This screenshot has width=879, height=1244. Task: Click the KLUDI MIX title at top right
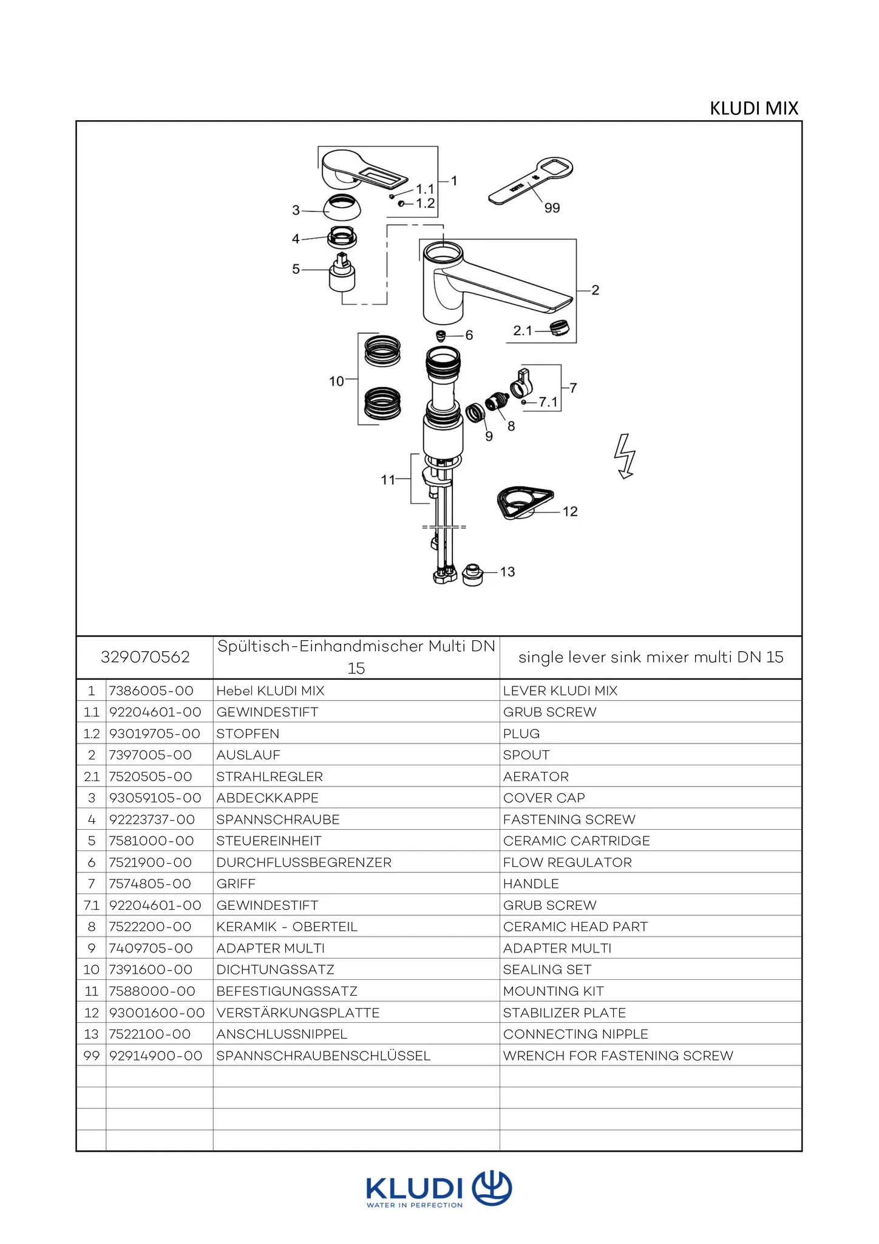click(x=753, y=108)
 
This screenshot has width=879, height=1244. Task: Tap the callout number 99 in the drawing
click(x=552, y=208)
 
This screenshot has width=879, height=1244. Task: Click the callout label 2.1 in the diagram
click(x=522, y=330)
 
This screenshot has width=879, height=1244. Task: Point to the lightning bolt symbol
click(x=625, y=456)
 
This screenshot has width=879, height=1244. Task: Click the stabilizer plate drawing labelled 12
click(x=524, y=502)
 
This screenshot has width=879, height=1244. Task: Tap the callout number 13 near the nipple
click(x=507, y=572)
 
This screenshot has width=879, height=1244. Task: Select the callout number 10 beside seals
click(x=336, y=381)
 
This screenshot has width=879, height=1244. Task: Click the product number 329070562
click(x=145, y=657)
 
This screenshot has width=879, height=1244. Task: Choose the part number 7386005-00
click(x=151, y=691)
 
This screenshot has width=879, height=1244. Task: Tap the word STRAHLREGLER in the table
click(x=270, y=776)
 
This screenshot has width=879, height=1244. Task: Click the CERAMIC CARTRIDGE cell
click(x=576, y=841)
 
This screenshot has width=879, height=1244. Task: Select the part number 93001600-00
click(x=157, y=1013)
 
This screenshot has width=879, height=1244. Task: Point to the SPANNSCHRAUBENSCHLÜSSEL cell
click(x=324, y=1056)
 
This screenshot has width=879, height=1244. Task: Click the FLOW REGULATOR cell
click(x=567, y=863)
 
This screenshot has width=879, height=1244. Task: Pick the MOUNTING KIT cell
click(x=553, y=991)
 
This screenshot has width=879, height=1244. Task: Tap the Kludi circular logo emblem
click(x=492, y=1188)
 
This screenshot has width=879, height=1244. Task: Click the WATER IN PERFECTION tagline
click(x=414, y=1205)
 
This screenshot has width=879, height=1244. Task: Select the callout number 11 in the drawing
click(x=388, y=480)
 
